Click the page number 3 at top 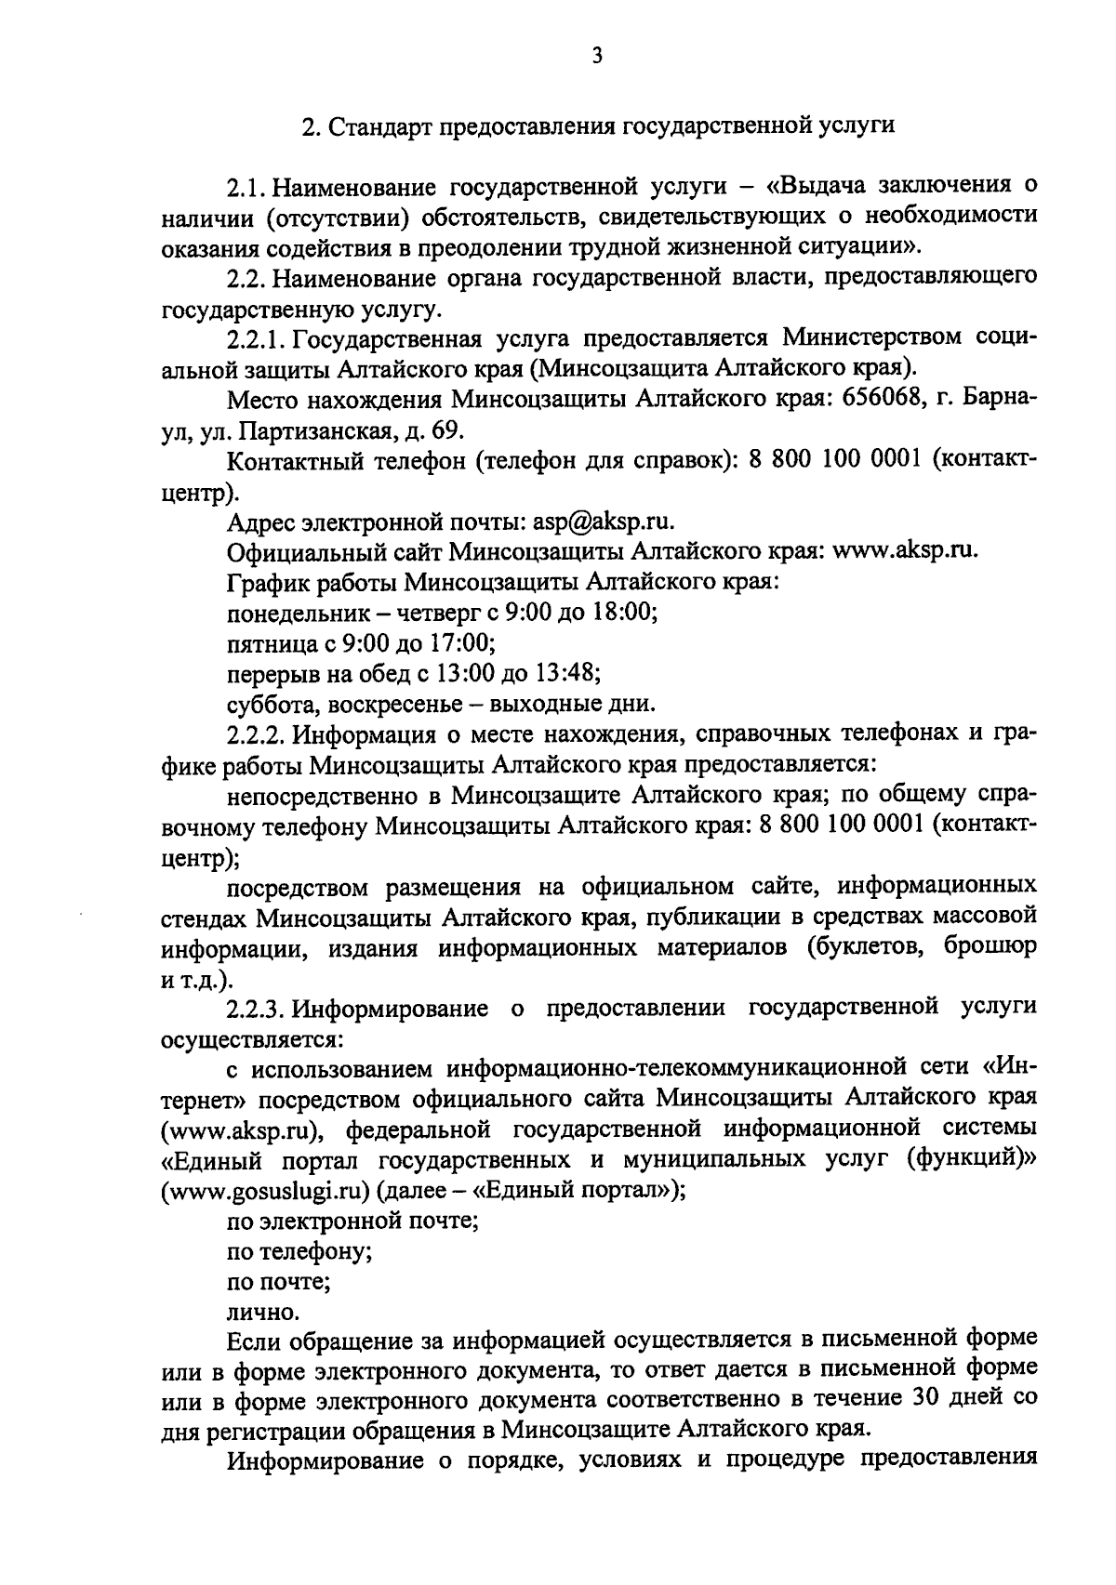tap(596, 57)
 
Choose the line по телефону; tap(300, 1251)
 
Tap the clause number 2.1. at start tap(245, 187)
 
